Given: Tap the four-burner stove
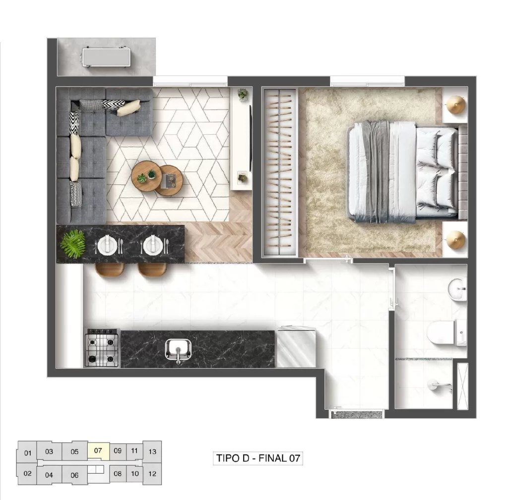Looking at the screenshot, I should click(103, 348).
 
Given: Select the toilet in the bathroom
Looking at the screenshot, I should click(442, 332).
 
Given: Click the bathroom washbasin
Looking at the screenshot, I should click(457, 289).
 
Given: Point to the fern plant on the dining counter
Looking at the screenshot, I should click(72, 243).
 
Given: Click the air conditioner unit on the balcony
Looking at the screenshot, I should click(106, 57).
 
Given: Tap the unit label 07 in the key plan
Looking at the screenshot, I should click(98, 450).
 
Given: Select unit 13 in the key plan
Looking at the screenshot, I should click(152, 451).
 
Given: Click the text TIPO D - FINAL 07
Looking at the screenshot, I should click(258, 458).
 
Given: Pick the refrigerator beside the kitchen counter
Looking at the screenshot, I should click(296, 348).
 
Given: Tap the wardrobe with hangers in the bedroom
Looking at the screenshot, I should click(280, 172).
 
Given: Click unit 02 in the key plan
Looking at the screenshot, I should click(27, 473).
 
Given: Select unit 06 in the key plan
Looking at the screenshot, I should click(74, 475).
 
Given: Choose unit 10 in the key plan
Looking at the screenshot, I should click(134, 473).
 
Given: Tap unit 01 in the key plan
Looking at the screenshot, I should click(27, 452).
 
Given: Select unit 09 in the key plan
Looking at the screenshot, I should click(118, 450).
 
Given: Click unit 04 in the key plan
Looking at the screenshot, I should click(49, 475).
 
